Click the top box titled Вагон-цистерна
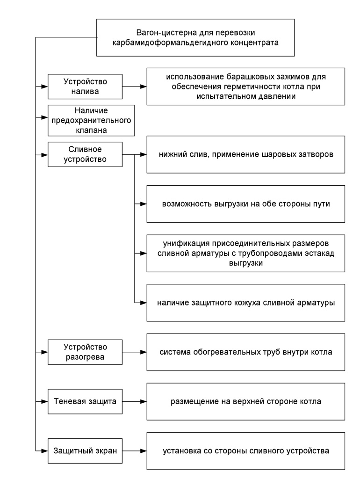(195, 38)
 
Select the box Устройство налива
(85, 86)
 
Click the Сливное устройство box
(85, 154)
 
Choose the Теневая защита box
(85, 401)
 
